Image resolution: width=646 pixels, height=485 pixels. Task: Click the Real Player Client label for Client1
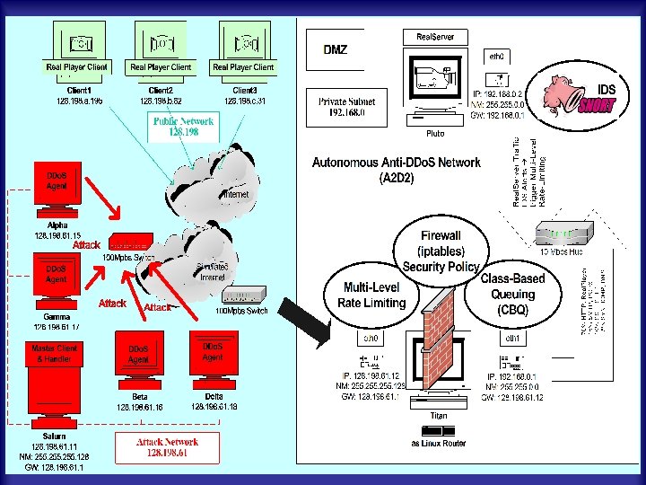click(76, 67)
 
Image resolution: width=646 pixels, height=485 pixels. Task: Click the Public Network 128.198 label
click(183, 126)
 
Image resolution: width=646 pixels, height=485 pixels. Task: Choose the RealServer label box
click(435, 37)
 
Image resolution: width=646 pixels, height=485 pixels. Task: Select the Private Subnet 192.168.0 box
click(346, 108)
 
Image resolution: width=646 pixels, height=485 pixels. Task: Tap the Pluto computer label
click(435, 133)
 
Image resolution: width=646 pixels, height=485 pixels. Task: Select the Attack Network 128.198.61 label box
click(167, 447)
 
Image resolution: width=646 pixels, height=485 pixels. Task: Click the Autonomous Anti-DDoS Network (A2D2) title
click(396, 170)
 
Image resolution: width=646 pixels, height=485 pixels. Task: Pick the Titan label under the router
click(439, 416)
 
